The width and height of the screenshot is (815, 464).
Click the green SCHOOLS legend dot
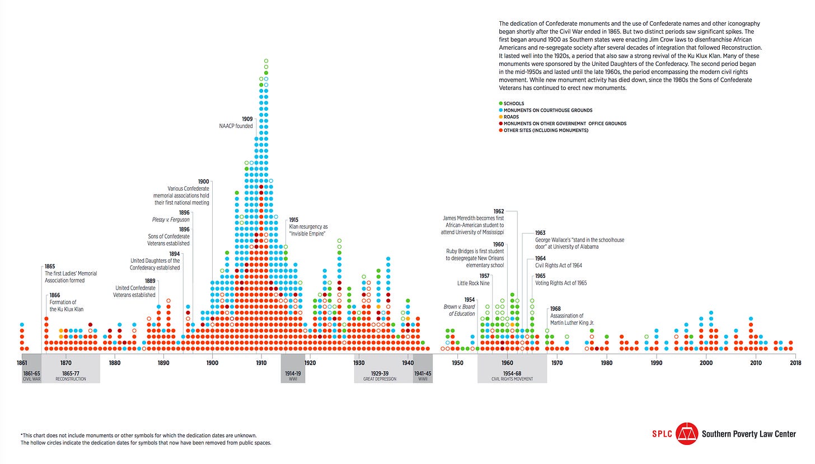500,103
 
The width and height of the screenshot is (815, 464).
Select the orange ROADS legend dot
500,117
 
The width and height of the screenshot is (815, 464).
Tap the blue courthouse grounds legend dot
500,110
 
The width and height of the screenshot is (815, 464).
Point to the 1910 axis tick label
261,363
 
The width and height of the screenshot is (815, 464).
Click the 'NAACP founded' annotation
236,126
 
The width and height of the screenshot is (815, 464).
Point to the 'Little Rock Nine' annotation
474,283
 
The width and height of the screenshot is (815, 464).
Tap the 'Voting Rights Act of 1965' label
561,283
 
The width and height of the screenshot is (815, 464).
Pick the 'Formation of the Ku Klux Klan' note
62,306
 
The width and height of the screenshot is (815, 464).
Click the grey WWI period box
293,376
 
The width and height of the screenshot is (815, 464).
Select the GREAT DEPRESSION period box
383,376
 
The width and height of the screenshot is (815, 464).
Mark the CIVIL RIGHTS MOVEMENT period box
512,376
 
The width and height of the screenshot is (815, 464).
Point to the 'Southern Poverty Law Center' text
749,434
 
